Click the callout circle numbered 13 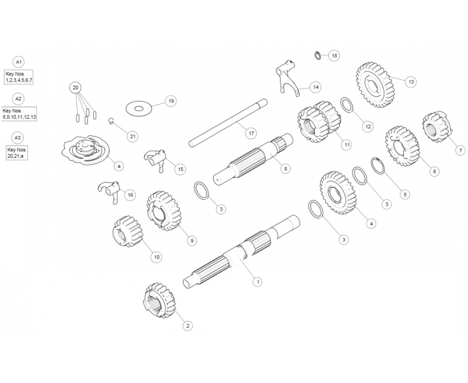411,82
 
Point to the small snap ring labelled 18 317,54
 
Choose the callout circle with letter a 119,166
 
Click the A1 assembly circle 19,62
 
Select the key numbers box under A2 19,114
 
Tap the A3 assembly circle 19,137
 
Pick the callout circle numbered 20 76,87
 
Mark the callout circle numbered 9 191,241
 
